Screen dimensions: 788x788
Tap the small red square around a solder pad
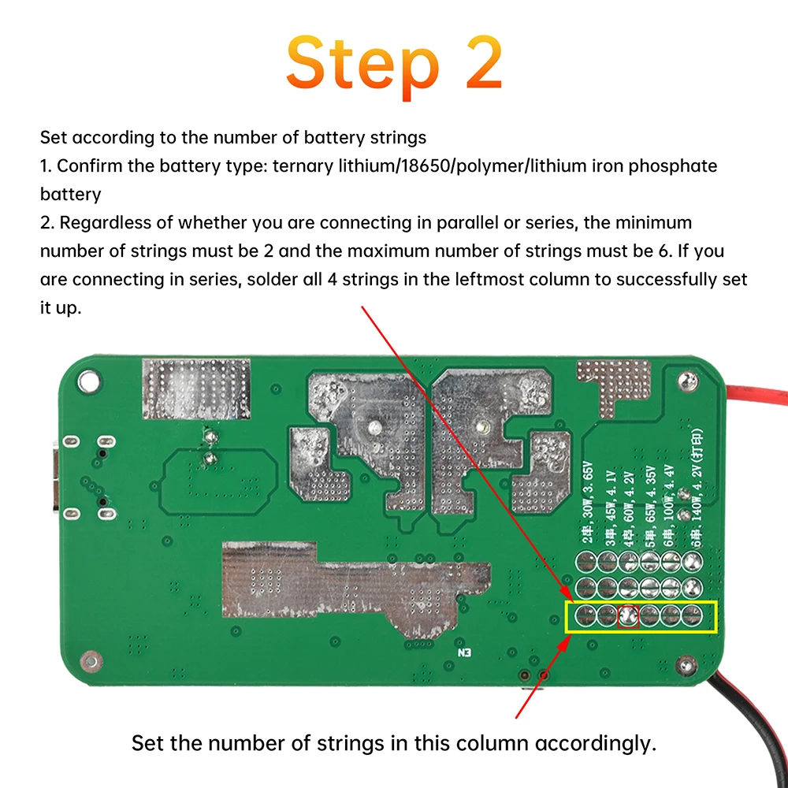[x=628, y=615]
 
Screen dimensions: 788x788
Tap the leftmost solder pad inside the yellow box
[x=585, y=615]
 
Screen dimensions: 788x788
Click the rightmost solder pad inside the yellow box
[x=691, y=615]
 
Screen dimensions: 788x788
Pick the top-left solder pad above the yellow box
[x=585, y=561]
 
